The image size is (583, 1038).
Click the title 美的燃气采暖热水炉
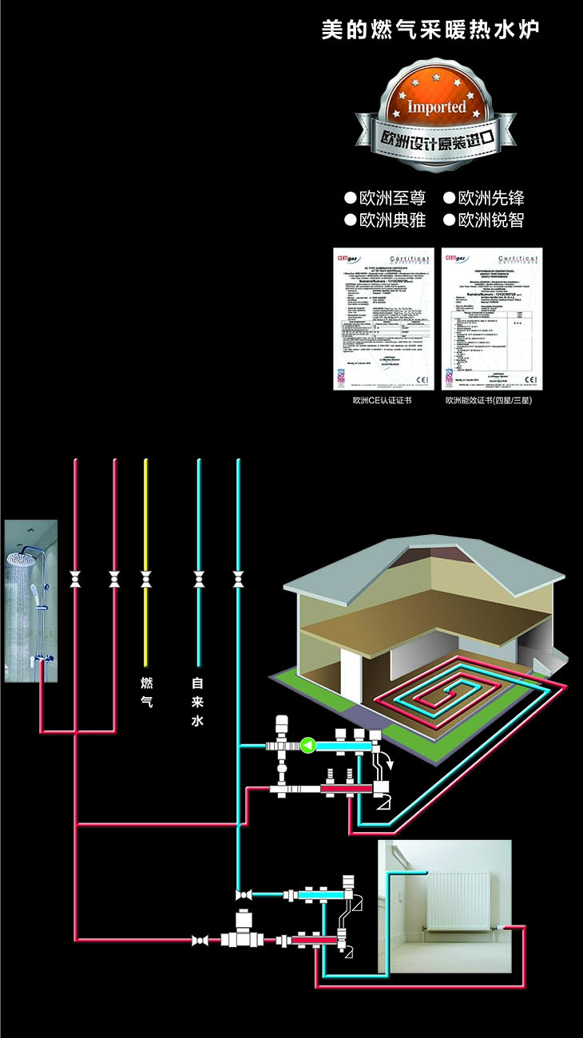pos(430,30)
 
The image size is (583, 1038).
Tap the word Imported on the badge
pos(436,106)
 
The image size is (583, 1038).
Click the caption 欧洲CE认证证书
pos(382,401)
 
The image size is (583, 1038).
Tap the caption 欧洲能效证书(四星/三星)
pos(489,401)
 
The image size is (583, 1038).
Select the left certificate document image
pos(383,319)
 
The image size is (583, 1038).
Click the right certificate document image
pos(491,319)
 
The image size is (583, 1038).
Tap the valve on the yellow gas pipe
pos(146,578)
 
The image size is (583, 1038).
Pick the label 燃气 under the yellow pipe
pos(146,693)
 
